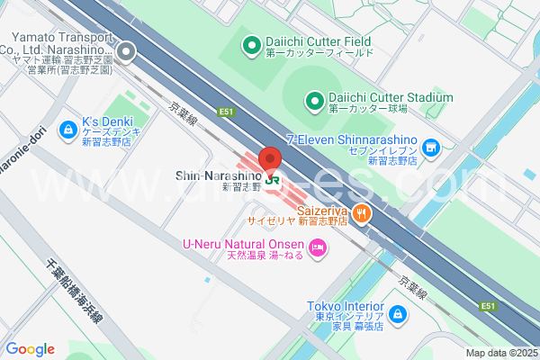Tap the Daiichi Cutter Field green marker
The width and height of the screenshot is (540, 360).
251,41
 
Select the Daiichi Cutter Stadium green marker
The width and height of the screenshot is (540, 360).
314,99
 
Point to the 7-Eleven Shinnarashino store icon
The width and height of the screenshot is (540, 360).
431,147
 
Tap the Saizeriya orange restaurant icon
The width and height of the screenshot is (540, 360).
361,213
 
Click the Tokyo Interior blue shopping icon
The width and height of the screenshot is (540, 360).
397,315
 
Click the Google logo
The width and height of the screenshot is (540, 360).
30,349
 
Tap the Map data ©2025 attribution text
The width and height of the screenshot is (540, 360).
501,353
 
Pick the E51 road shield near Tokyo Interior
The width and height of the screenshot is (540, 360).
488,307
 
